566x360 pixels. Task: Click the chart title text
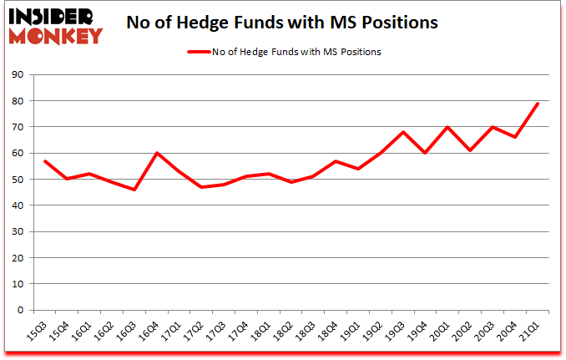282,23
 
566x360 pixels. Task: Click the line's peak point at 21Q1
538,104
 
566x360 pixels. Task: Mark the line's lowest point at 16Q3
134,190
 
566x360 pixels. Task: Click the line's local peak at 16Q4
156,153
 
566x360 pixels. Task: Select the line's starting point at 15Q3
44,161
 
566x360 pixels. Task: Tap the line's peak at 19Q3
402,132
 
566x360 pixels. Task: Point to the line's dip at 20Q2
470,150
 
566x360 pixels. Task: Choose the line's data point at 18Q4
336,161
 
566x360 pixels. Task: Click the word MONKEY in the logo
57,35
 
